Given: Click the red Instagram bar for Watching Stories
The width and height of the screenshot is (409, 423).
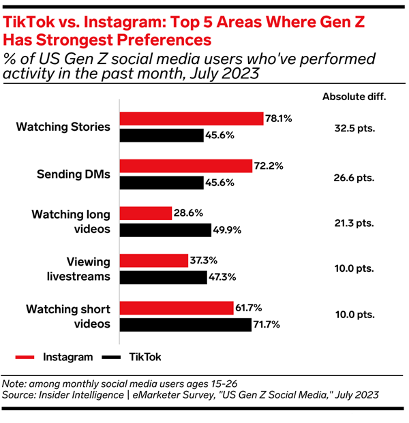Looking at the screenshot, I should (192, 119).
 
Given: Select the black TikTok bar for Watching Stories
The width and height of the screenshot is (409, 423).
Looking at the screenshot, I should (162, 135).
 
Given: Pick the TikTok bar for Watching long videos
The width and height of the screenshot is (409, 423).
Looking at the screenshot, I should (166, 230).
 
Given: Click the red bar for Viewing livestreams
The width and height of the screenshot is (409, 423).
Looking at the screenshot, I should (153, 261).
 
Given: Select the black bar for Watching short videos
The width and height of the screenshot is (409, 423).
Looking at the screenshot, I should (186, 325).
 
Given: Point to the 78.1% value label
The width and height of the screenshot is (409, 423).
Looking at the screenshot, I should (279, 119).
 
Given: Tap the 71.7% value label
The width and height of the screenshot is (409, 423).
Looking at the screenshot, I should (269, 325).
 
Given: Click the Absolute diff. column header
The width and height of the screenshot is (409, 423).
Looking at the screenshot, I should (354, 96).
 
